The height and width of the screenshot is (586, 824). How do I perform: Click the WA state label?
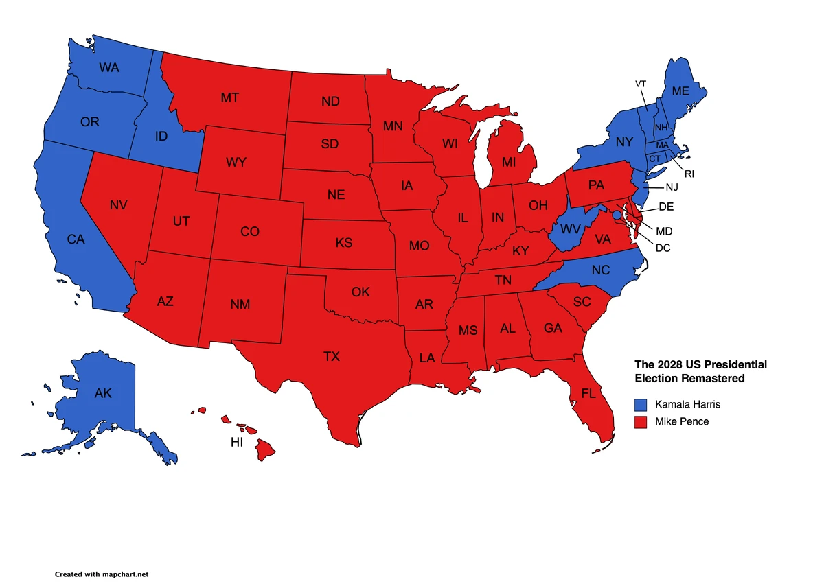[x=109, y=67]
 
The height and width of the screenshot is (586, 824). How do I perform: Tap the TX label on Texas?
[x=332, y=356]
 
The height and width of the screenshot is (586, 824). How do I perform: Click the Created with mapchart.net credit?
[x=102, y=574]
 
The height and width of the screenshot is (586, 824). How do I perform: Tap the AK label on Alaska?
[x=103, y=394]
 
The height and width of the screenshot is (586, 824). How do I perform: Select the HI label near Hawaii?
[x=237, y=443]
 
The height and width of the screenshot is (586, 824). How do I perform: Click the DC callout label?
[x=663, y=248]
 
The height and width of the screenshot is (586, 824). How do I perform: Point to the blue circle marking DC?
[x=617, y=215]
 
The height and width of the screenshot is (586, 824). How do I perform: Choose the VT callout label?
[x=641, y=84]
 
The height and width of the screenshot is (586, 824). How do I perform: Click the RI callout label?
[x=689, y=174]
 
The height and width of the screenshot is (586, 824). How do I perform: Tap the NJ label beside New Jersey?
[x=671, y=187]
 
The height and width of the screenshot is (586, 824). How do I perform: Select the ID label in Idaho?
[x=161, y=137]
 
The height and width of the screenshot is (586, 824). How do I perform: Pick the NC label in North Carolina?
[x=600, y=270]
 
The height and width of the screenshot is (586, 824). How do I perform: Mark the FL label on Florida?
[x=588, y=394]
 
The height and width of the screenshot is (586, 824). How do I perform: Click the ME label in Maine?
[x=681, y=91]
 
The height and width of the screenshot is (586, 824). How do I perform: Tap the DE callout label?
[x=666, y=207]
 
